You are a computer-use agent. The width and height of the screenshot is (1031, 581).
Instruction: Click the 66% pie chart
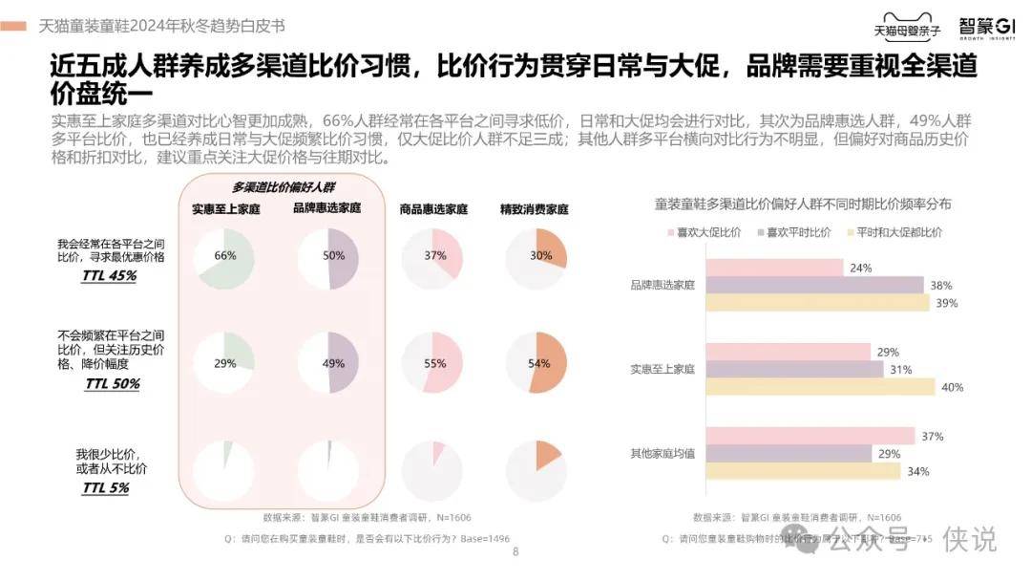point(223,258)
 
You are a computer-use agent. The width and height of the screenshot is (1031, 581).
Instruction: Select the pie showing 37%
point(433,258)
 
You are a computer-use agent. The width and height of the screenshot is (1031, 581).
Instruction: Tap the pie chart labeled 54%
point(537,363)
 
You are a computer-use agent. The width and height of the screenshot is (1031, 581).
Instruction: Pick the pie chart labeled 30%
point(537,258)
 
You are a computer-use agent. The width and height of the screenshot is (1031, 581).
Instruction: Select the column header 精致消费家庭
point(535,208)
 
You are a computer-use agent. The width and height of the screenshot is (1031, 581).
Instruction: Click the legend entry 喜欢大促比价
point(701,232)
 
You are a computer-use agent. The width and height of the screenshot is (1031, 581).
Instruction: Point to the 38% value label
point(942,285)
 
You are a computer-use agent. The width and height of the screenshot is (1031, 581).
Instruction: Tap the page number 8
point(515,551)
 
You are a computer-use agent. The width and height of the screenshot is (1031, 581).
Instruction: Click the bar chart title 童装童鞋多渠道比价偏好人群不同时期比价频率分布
point(802,204)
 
